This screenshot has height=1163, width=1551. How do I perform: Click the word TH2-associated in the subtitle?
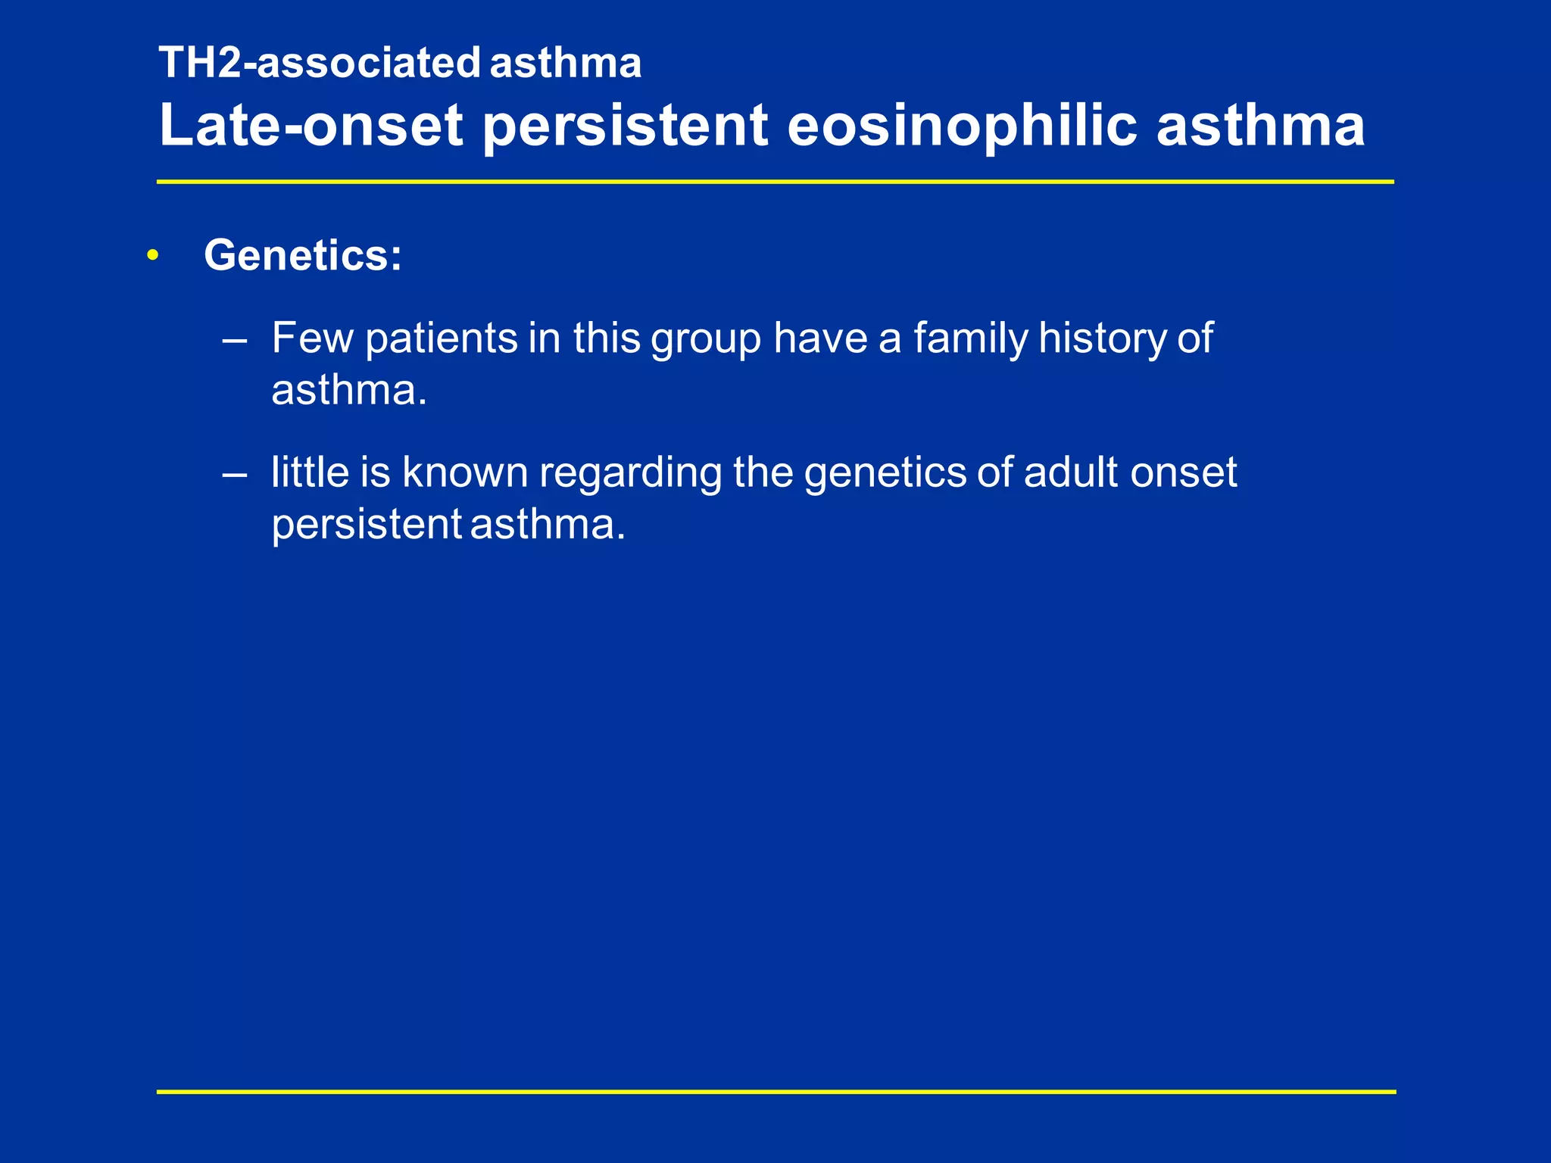[x=320, y=63]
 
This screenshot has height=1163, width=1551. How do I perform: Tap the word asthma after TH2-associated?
[x=565, y=63]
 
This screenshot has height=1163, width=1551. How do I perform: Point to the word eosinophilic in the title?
[x=962, y=125]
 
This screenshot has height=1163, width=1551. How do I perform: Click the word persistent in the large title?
[x=626, y=125]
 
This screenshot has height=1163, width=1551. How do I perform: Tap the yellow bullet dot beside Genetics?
[x=153, y=256]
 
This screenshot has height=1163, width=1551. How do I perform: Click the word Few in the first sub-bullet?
[x=312, y=338]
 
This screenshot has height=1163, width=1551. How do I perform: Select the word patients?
[x=441, y=338]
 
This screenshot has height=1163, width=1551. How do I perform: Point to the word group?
[x=706, y=339]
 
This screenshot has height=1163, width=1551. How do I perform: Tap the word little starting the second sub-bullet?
[x=310, y=472]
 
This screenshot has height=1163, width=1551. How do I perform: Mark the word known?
[x=464, y=472]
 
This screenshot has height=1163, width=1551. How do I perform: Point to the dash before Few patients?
[x=235, y=340]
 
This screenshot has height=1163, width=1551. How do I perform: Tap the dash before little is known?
[x=235, y=475]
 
